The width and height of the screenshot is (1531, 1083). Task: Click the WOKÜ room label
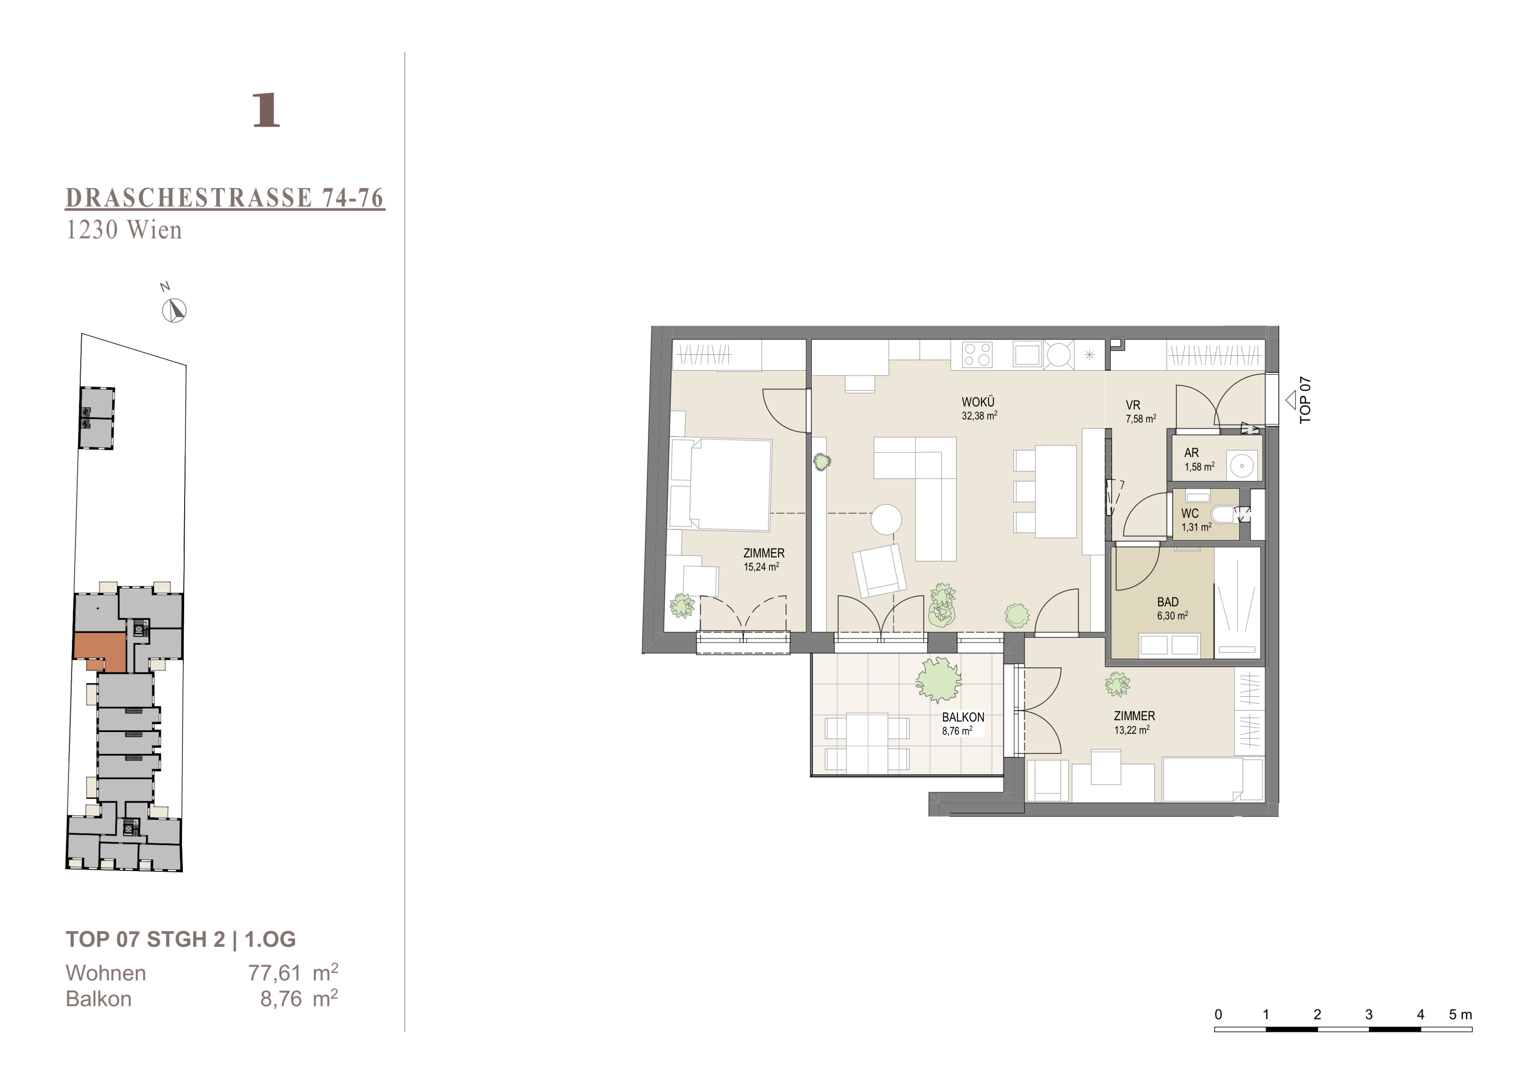point(978,402)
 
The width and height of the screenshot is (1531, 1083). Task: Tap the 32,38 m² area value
point(979,415)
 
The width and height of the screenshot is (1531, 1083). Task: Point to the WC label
point(1190,513)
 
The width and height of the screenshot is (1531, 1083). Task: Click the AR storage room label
point(1192,453)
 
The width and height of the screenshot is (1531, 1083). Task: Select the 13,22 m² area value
point(1132,729)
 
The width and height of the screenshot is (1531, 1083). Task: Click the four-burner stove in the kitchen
point(977,354)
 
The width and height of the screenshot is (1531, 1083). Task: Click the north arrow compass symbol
point(175,311)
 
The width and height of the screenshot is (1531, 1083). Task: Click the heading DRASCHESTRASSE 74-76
point(225,198)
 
